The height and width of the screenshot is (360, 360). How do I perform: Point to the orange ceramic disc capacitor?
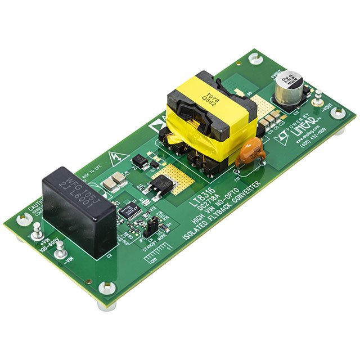pyautogui.click(x=247, y=155)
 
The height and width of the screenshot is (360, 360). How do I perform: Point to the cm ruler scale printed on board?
pyautogui.click(x=157, y=258)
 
